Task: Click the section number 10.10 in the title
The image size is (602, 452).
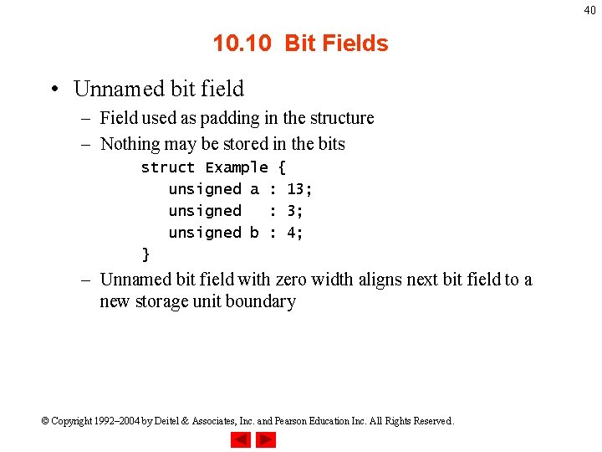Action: tap(242, 44)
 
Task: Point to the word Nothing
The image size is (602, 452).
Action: tap(130, 144)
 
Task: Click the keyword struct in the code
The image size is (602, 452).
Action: tap(168, 167)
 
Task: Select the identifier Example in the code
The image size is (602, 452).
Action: tap(237, 167)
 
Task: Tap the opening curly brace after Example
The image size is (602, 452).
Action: tap(282, 167)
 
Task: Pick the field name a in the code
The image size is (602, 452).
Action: tap(254, 189)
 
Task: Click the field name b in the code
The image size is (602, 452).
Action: tap(254, 233)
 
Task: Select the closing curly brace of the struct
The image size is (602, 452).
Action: tap(146, 254)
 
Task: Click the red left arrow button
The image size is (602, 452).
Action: tap(241, 439)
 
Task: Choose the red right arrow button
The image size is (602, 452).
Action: tap(266, 439)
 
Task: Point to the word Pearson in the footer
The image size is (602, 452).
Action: tap(300, 421)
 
